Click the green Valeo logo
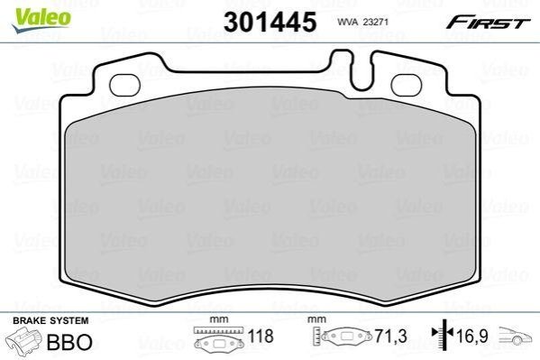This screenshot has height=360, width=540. click(x=41, y=20)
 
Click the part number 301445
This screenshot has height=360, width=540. click(x=270, y=22)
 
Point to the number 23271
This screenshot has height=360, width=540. click(x=375, y=22)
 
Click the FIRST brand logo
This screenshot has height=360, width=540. click(x=488, y=23)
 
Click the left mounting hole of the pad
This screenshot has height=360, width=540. click(x=124, y=85)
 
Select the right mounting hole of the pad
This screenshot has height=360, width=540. click(x=407, y=85)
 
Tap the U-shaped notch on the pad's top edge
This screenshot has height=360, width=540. click(x=361, y=74)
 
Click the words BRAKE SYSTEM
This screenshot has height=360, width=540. click(x=50, y=320)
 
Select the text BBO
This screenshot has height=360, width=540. click(x=69, y=342)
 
